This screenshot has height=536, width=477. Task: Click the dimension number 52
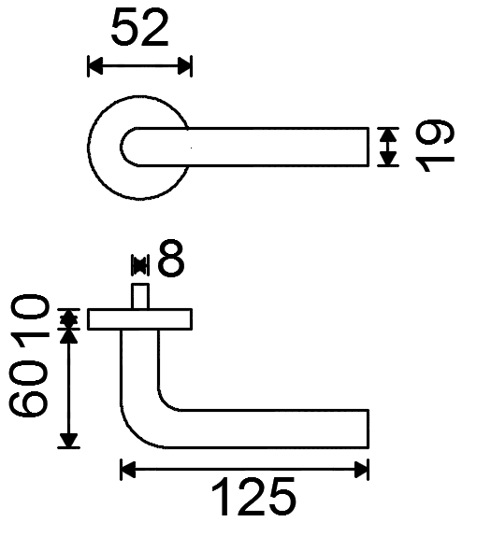139,28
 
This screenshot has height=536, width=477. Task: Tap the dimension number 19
435,146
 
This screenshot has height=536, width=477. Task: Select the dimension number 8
171,258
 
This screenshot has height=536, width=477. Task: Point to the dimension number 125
253,497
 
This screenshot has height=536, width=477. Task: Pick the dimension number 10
28,317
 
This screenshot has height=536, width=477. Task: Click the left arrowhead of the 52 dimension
95,66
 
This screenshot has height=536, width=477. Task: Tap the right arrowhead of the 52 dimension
184,66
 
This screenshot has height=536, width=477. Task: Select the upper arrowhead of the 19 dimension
388,135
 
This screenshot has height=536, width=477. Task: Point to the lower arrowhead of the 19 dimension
388,159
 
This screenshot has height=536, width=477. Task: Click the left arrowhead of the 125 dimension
128,470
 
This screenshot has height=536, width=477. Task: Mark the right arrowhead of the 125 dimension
361,470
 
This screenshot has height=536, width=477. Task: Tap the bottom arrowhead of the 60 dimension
68,441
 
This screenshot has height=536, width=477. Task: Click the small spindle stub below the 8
140,296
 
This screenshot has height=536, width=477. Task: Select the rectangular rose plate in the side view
139,319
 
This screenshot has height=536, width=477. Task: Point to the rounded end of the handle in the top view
127,147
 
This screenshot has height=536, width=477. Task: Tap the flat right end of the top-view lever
369,147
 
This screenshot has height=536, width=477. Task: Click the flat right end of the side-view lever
369,429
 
